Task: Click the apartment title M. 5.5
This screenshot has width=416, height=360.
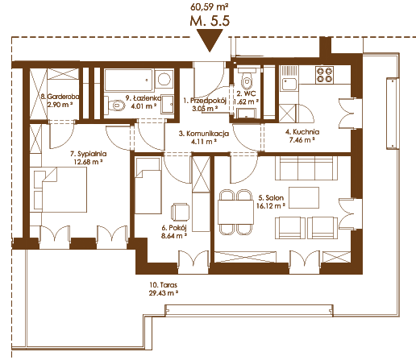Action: coord(210,21)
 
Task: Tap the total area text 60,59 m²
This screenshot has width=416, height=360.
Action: coord(210,6)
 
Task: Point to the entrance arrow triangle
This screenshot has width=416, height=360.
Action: coord(210,40)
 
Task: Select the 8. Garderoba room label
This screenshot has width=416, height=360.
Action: coord(60,97)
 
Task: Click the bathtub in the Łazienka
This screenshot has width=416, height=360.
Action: coord(128,80)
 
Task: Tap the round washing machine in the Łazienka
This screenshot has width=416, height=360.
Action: coord(164,80)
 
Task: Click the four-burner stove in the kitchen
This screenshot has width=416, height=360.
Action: coord(325,75)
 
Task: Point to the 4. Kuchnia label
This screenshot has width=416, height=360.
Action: coord(302,132)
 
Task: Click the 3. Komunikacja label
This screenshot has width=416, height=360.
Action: coord(204,134)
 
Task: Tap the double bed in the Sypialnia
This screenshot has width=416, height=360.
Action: coord(60,190)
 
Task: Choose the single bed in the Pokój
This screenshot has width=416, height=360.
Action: coord(148,186)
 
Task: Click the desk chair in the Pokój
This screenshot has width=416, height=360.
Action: coord(180,212)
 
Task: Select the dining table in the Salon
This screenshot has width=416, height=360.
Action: coord(235,212)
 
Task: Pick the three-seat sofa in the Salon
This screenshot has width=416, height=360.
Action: coord(306,168)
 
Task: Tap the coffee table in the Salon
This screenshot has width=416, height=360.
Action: coord(304,197)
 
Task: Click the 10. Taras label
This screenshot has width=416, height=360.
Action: coord(164,285)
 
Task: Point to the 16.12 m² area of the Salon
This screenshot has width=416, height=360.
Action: coord(271,206)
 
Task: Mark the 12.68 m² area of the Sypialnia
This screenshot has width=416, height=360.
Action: coord(88,162)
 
